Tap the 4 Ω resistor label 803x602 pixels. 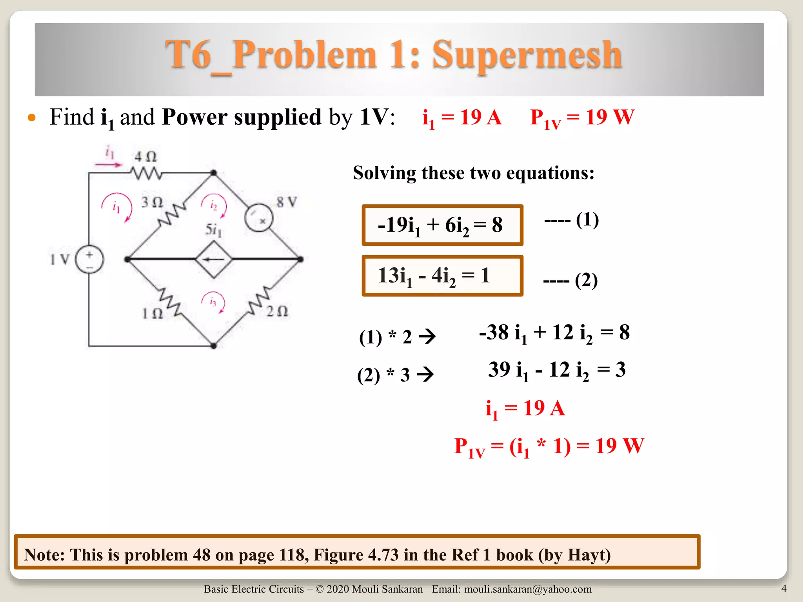pos(145,157)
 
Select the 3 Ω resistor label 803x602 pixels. pos(152,202)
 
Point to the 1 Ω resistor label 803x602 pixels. pos(152,313)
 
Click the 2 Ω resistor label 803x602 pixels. pos(277,312)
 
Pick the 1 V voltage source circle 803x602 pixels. pos(89,259)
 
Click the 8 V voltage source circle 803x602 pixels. pos(259,218)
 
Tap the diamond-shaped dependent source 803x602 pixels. pos(214,259)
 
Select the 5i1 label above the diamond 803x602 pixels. pos(214,230)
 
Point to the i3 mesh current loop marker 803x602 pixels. pos(213,302)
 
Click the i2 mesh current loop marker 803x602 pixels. pos(214,205)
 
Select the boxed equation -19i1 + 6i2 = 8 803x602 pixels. pos(442,225)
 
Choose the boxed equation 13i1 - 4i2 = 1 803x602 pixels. pos(442,276)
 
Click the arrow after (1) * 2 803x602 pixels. pos(427,336)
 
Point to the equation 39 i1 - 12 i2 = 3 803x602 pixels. pos(557,370)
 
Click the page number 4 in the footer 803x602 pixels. pos(784,588)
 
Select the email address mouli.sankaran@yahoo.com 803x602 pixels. pos(528,589)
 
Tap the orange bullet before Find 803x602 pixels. pos(32,118)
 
